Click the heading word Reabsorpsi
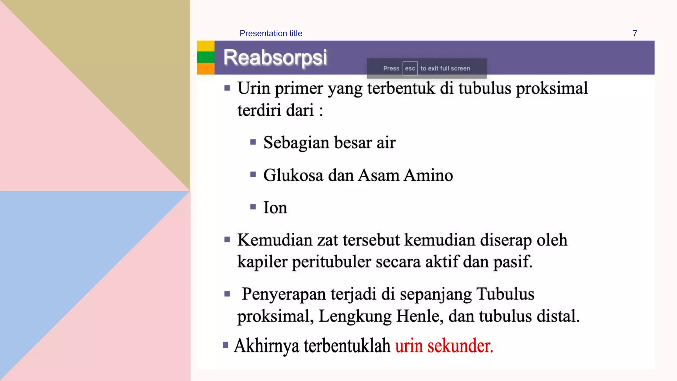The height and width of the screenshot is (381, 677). tap(275, 58)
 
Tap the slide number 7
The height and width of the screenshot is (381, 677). tap(635, 33)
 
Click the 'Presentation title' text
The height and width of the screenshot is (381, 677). tap(271, 33)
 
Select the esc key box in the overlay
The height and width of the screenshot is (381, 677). tap(410, 68)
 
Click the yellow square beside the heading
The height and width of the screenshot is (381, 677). tap(206, 46)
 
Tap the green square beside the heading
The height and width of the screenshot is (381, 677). tap(206, 57)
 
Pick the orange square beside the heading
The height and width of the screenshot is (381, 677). tap(206, 68)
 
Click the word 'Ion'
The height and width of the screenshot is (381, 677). tap(275, 208)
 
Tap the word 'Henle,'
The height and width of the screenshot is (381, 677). tap(420, 316)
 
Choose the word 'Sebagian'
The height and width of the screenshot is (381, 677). tap(296, 143)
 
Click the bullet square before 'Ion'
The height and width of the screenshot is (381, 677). tap(253, 207)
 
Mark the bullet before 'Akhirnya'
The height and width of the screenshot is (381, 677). tap(225, 345)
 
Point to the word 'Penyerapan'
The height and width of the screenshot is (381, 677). tap(284, 294)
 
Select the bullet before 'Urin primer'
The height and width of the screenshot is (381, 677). tap(227, 88)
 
